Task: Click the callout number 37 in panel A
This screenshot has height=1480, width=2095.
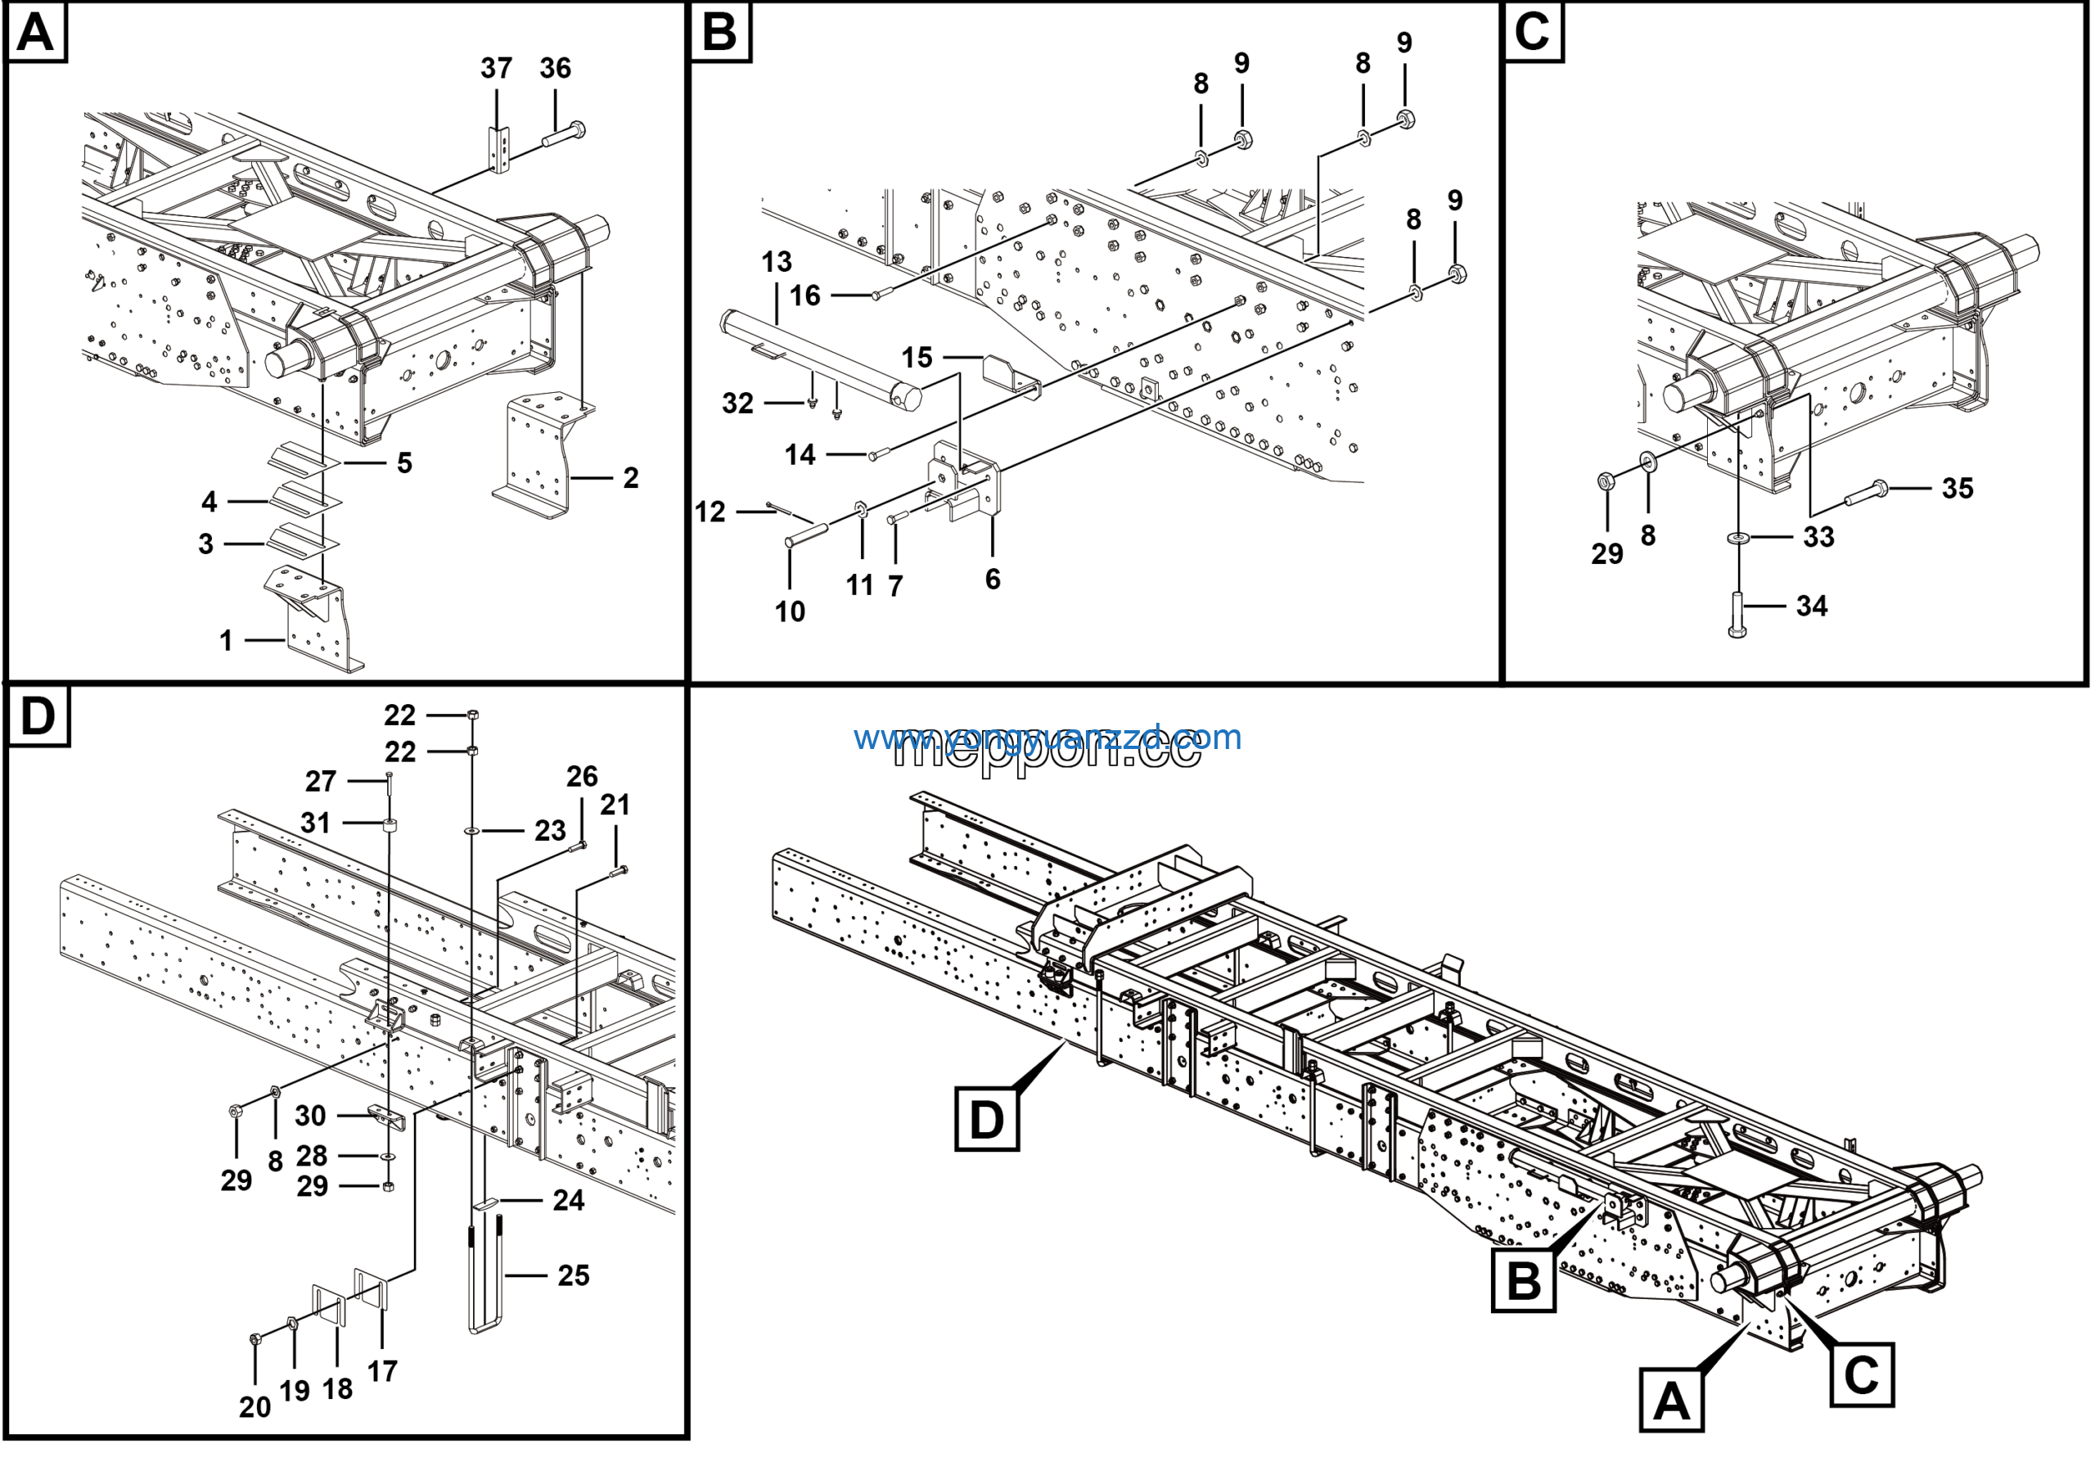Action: (497, 69)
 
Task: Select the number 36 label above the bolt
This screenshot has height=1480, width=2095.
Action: (555, 69)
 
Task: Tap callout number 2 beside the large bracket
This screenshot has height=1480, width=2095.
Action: (630, 478)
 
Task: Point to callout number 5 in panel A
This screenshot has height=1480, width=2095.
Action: (404, 463)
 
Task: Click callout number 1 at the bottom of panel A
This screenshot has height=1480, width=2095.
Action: (225, 642)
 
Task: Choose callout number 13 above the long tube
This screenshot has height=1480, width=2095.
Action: (777, 263)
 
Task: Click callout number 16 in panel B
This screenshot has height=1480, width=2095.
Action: (804, 296)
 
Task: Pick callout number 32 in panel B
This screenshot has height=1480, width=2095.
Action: (737, 404)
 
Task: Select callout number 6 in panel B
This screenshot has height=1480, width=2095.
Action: (993, 580)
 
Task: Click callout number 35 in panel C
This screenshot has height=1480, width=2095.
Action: (1958, 488)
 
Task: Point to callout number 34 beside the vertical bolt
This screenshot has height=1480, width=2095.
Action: (1811, 607)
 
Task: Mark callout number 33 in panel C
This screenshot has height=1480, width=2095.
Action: (1818, 538)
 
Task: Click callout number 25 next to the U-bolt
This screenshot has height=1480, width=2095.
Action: (573, 1275)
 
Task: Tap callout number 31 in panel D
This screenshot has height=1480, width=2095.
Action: (316, 823)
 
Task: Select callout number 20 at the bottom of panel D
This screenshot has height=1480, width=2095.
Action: (255, 1408)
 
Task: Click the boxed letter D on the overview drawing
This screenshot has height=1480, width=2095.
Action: (986, 1120)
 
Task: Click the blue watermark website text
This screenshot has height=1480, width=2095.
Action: (1047, 738)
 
